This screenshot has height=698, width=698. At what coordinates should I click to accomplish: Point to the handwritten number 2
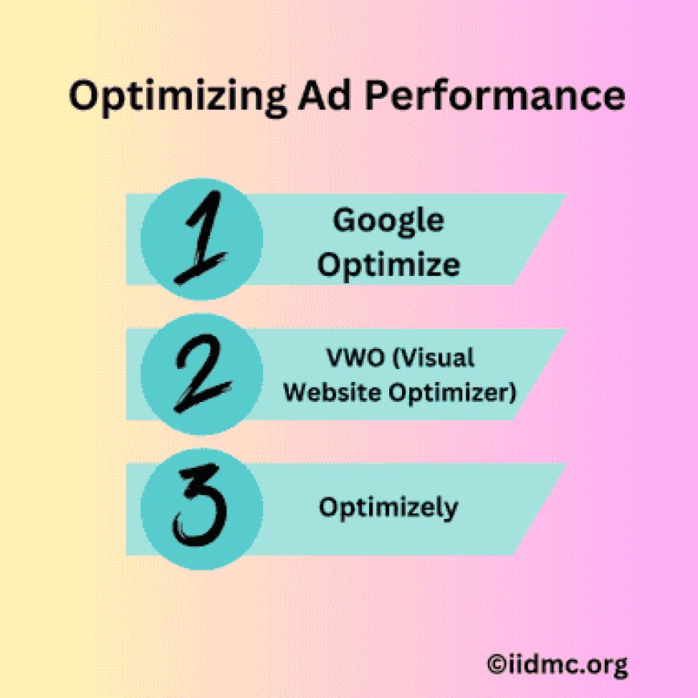(x=201, y=374)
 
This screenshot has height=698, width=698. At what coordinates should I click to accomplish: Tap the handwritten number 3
(x=201, y=509)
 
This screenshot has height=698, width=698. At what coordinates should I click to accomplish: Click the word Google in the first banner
(x=388, y=221)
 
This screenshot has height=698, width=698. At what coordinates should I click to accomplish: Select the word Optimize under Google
(x=388, y=264)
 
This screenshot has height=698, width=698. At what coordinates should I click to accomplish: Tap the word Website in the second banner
(x=328, y=393)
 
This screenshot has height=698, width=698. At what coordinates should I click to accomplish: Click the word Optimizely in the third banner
(x=388, y=507)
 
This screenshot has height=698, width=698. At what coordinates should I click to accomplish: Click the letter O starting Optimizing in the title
(x=83, y=97)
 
